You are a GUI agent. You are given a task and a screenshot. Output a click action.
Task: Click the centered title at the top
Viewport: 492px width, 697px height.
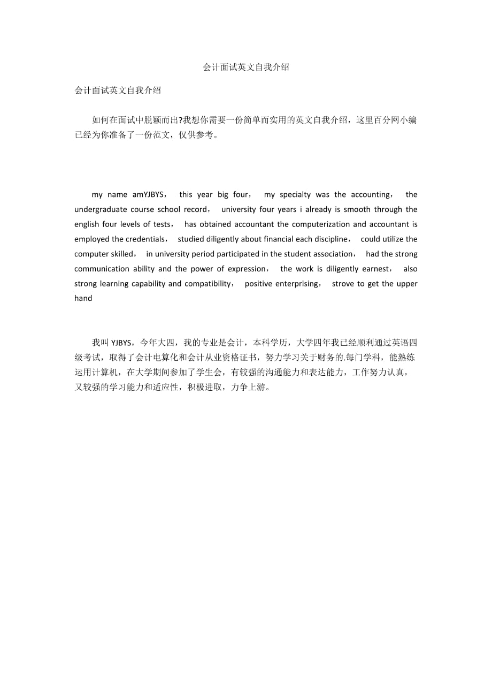coord(246,67)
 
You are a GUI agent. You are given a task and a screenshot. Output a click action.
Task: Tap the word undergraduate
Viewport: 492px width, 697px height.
coord(101,209)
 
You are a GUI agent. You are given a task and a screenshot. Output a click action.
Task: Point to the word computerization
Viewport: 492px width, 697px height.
coord(320,224)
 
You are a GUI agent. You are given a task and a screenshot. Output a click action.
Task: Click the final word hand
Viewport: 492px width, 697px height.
coord(83,298)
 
